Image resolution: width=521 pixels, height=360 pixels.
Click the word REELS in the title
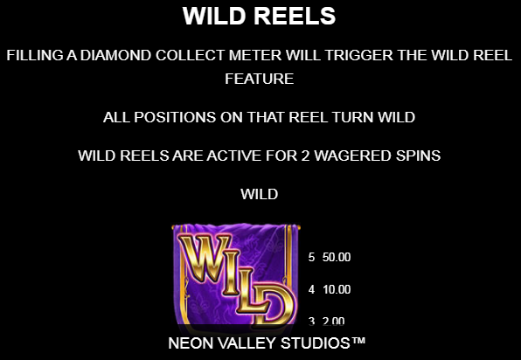pos(295,16)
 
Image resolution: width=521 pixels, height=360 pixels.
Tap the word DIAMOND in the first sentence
pos(115,55)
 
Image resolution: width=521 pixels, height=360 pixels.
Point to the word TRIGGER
pos(359,55)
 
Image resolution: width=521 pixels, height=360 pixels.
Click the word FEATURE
pos(259,79)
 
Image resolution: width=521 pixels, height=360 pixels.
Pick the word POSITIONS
pos(175,117)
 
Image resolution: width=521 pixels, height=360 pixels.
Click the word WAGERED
pos(352,156)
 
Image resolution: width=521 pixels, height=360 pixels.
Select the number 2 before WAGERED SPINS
pos(305,156)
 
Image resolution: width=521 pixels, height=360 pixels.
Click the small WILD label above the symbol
pos(259,194)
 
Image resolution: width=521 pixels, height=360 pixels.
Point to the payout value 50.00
pos(337,258)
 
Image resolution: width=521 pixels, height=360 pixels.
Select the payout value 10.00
pos(337,289)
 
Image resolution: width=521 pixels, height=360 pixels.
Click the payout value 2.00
pos(333,321)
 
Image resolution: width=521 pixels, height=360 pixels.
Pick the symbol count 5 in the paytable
pos(311,258)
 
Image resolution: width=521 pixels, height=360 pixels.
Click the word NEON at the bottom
pos(191,343)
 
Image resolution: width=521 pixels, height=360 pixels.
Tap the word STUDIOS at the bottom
pos(316,343)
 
